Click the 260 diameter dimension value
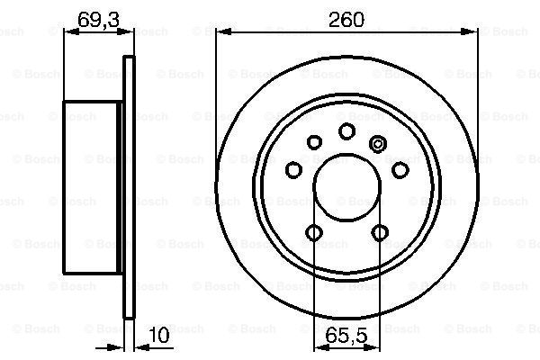[x=346, y=20]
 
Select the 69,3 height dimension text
[x=99, y=20]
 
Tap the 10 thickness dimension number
[x=160, y=335]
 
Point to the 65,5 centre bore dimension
[x=346, y=336]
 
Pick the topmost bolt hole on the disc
[x=346, y=130]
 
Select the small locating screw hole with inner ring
[x=378, y=144]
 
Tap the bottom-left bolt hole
[x=314, y=232]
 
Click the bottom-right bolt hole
[x=380, y=232]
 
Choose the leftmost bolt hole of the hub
[x=293, y=170]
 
